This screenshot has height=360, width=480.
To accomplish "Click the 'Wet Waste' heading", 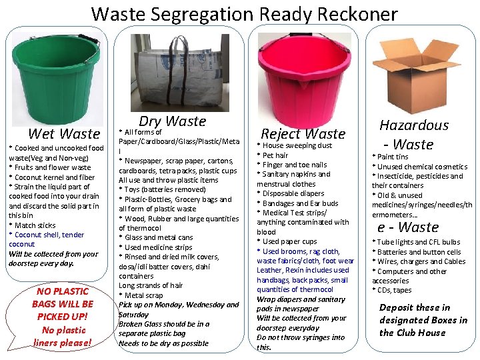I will (64, 134).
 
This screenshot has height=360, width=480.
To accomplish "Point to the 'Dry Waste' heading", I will (172, 121).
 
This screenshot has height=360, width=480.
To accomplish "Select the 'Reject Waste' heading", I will (303, 133).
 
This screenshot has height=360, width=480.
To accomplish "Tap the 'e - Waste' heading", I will (408, 227).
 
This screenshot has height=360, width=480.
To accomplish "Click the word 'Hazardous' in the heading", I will (414, 125).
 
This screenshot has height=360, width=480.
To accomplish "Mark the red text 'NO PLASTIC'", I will (63, 291).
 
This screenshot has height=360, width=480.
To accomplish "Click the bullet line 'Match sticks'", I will (33, 225).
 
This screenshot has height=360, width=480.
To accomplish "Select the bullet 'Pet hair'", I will (275, 155).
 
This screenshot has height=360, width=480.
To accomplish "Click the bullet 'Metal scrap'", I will (143, 295).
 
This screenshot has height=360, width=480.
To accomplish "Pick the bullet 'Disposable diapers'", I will (293, 193).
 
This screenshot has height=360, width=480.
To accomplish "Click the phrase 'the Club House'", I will (412, 333).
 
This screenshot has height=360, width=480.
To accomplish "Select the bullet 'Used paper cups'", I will (289, 241).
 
